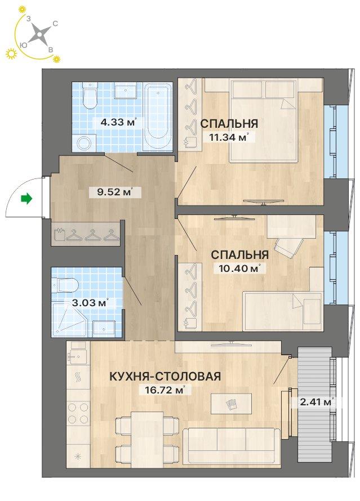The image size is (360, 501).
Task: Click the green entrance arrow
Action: pos(26,199)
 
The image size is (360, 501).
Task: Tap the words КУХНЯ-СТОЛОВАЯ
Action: pos(165,376)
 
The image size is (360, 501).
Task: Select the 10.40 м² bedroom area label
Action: pos(238,268)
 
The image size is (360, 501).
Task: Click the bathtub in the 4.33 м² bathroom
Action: pos(157,117)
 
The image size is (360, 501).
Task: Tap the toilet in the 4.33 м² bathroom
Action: pos(90,95)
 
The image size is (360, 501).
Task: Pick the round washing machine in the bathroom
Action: pos(84,143)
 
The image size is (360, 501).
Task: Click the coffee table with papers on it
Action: pos(231,404)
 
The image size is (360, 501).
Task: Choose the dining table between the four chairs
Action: pos(146,440)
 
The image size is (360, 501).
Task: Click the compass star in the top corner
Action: pos(39,34)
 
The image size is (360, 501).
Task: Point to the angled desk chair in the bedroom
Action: pos(288,247)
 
